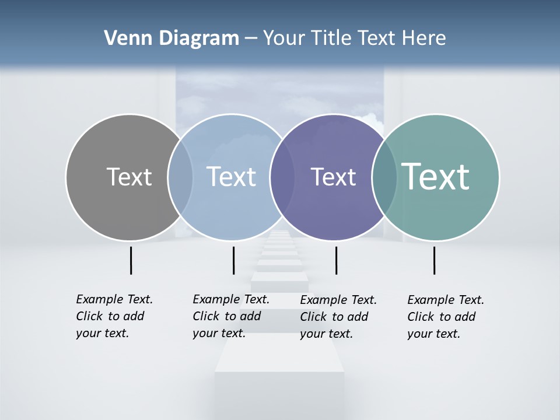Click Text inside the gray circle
(x=129, y=177)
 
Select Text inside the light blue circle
(x=232, y=177)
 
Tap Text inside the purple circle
(x=333, y=177)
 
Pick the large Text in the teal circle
(x=436, y=176)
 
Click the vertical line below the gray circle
(x=131, y=260)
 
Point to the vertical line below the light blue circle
(x=233, y=260)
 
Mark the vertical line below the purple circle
(x=336, y=260)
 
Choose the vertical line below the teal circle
(x=434, y=260)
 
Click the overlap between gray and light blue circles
(x=180, y=177)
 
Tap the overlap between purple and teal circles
(x=384, y=177)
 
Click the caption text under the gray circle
(x=114, y=316)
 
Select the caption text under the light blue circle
(x=230, y=316)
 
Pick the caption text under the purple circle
(x=338, y=317)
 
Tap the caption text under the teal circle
(x=445, y=317)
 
